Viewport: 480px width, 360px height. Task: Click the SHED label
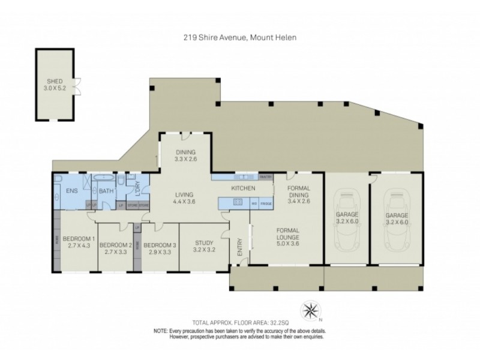[x=55, y=82]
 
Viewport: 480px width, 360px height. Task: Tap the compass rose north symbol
[x=311, y=310]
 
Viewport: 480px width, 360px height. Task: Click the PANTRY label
[x=266, y=177]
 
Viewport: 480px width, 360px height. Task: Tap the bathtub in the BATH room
[x=107, y=179]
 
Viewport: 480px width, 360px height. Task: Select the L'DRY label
[x=137, y=187]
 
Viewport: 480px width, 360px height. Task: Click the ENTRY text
[x=240, y=248]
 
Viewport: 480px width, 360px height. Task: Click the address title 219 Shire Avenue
[x=240, y=37]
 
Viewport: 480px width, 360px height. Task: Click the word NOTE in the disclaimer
[x=160, y=331]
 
